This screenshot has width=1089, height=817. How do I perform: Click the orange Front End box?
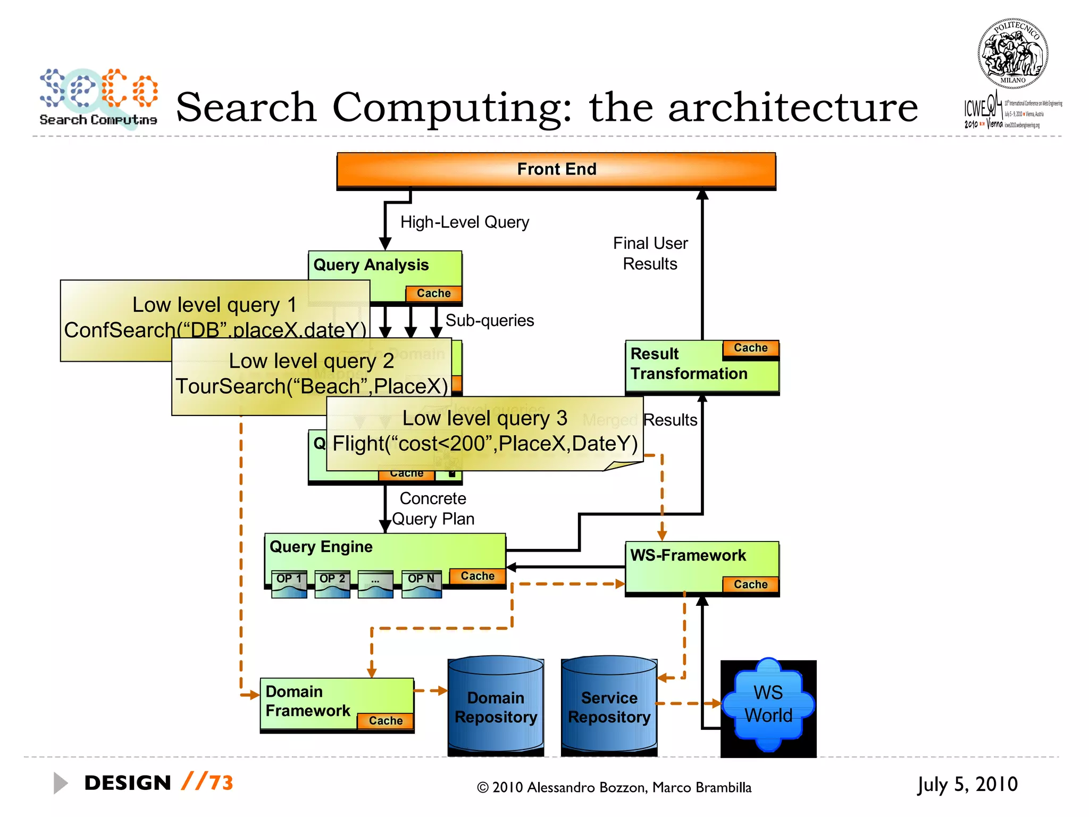click(556, 170)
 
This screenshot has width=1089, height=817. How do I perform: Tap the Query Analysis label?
click(371, 265)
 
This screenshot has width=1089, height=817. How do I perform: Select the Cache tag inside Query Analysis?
click(433, 294)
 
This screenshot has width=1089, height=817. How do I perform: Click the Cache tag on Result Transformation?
click(750, 348)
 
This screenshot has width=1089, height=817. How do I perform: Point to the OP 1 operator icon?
click(289, 584)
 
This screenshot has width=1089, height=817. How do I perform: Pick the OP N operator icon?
click(421, 584)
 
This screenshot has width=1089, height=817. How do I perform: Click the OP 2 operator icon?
click(332, 584)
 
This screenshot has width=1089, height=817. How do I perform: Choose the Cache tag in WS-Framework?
click(750, 585)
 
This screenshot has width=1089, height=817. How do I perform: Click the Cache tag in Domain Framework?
click(386, 721)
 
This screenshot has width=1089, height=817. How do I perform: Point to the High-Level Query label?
click(464, 222)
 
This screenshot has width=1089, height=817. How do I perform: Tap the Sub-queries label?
click(489, 320)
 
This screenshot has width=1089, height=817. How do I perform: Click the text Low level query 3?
click(484, 418)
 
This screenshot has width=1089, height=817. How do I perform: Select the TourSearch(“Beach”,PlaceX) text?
click(312, 386)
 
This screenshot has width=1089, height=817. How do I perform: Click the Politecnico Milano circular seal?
click(1012, 54)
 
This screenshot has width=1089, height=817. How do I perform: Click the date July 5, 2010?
click(967, 784)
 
